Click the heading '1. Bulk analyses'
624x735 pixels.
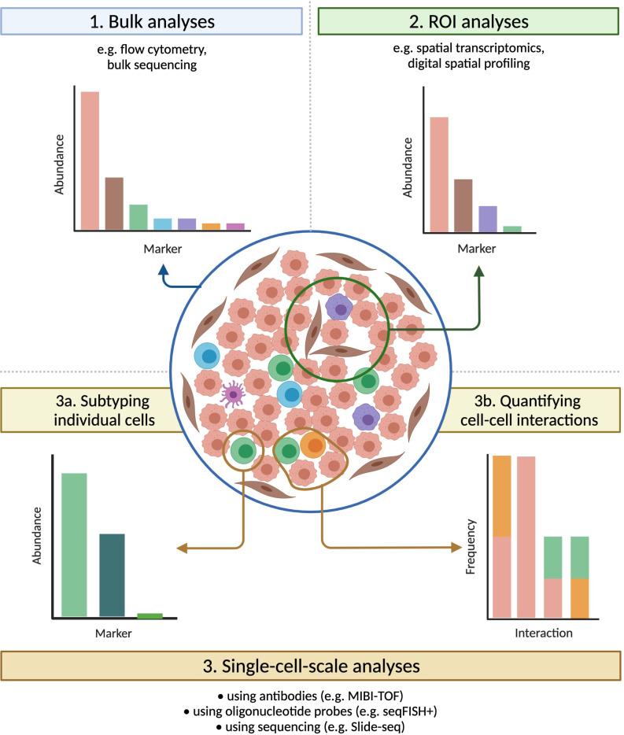pos(152,20)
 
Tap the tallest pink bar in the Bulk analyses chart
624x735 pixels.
pos(90,161)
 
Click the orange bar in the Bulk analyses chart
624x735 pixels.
pos(211,227)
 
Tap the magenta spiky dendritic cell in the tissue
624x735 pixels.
pos(233,393)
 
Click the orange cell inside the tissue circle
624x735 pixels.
pos(312,446)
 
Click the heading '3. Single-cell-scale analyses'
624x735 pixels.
pos(312,667)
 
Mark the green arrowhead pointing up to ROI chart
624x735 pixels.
pos(480,271)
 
